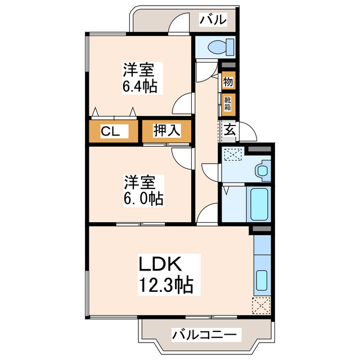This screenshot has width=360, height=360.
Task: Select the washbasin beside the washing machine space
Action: pos(262,169)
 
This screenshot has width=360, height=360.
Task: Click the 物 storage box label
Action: pos(228,81)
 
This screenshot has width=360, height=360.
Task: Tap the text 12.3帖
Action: pos(163,285)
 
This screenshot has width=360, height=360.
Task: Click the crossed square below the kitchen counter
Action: pos(262,306)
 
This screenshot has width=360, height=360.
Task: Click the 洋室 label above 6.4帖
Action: pos(139,70)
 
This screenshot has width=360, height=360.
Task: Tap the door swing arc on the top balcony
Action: pos(179,25)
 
